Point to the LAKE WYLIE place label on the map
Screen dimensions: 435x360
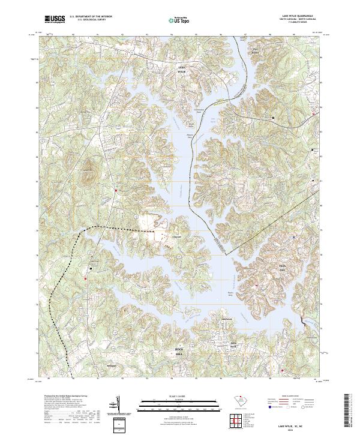click(182, 70)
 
